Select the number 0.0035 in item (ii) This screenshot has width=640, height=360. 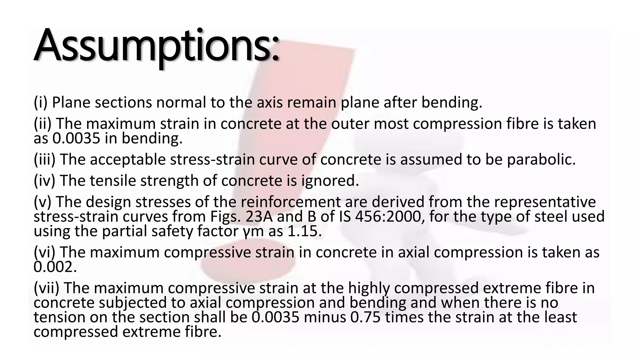coord(76,138)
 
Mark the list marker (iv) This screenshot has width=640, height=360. coord(44,181)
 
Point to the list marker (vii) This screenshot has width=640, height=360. coord(46,288)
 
